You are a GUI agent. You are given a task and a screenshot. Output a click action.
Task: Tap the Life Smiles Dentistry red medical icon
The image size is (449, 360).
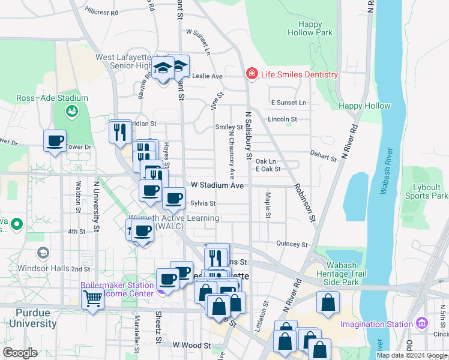(252, 74)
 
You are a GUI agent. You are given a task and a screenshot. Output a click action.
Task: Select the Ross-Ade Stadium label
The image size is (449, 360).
(52, 98)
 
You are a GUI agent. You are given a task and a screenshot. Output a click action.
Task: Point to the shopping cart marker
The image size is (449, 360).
(92, 298)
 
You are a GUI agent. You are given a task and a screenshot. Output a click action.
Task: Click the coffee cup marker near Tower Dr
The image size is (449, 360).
(55, 142)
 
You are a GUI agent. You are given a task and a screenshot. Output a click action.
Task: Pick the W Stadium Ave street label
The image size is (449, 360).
(217, 186)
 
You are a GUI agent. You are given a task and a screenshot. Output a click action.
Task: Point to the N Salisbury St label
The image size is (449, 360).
(248, 136)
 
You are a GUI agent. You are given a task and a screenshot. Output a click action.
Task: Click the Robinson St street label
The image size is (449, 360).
(304, 200)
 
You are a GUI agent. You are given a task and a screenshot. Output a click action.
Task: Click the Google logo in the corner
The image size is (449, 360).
(20, 353)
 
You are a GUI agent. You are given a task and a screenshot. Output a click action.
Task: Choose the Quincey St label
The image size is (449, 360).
(292, 244)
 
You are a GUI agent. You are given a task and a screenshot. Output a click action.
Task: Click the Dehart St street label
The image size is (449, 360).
(324, 156)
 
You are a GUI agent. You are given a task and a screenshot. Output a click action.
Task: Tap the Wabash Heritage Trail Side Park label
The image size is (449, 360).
(351, 273)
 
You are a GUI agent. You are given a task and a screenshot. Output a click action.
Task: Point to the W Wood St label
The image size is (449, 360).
(191, 346)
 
